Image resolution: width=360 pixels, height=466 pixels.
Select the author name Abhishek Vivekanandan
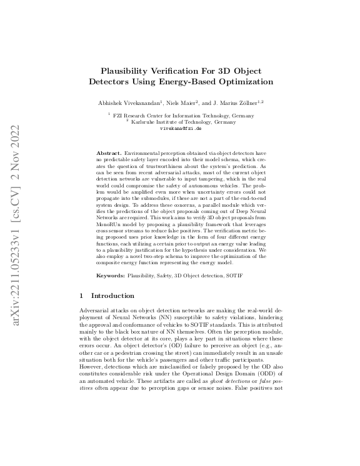[132, 102]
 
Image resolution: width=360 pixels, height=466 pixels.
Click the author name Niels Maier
[179, 102]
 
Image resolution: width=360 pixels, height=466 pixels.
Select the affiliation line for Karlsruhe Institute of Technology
[181, 121]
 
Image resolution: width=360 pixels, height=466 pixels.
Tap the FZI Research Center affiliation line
[181, 116]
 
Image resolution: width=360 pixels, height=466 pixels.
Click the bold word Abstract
[109, 153]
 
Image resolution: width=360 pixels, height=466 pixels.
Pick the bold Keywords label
[110, 275]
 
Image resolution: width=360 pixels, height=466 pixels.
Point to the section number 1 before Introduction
[83, 295]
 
